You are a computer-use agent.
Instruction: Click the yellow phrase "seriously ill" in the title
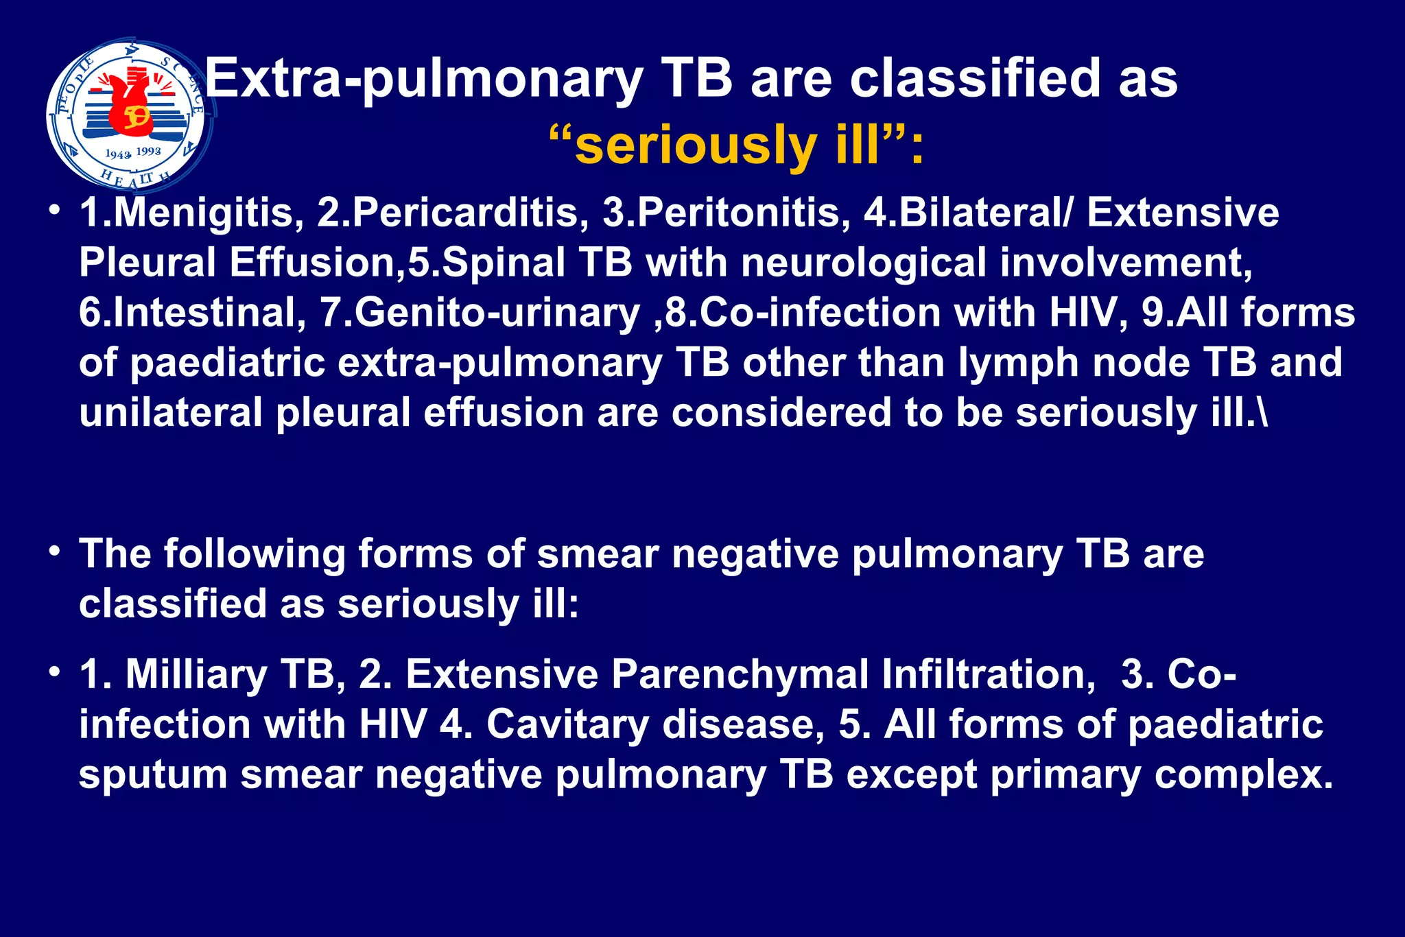727,146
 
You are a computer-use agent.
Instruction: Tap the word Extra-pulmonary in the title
424,79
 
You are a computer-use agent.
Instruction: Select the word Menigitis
202,213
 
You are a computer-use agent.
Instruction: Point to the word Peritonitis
740,213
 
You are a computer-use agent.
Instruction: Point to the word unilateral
170,413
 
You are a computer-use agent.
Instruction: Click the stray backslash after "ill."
1263,413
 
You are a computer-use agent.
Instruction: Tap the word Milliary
196,674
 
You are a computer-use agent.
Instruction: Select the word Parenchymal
740,674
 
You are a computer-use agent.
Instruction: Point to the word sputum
152,775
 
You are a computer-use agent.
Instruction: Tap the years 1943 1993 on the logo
133,153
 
